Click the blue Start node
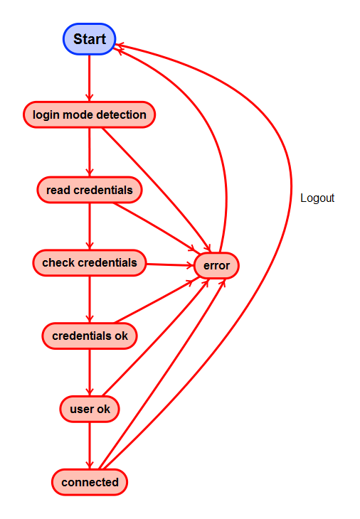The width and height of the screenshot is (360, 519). point(89,39)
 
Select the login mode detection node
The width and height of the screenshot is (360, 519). point(89,114)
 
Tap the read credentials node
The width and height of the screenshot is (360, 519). point(90,190)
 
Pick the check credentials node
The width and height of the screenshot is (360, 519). point(90,263)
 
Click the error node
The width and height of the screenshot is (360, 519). point(216,265)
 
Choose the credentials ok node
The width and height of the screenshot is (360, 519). point(90,336)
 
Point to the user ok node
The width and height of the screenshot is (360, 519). point(90,409)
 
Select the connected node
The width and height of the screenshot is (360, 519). point(90,482)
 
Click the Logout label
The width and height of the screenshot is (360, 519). point(317,198)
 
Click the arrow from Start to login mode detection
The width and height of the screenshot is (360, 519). point(89,78)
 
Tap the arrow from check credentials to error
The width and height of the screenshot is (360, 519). point(170,264)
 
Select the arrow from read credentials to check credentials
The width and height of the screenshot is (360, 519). point(90,226)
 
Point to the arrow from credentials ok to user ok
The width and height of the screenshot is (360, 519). point(90,373)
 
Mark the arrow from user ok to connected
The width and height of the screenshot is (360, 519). point(90,446)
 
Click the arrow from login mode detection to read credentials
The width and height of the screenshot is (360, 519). point(90,152)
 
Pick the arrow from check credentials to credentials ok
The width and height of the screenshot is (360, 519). point(90,299)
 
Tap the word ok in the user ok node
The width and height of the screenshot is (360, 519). point(103,409)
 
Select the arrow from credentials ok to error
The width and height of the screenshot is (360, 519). point(157,301)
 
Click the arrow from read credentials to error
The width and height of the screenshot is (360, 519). point(154,227)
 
